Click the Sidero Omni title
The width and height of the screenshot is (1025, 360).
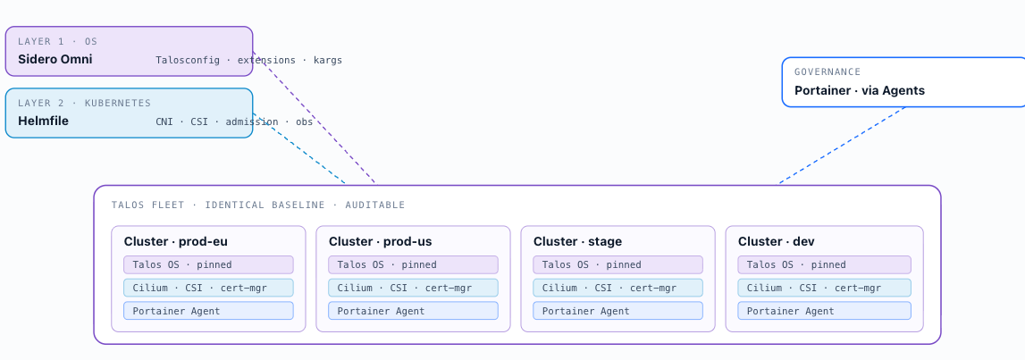click(55, 60)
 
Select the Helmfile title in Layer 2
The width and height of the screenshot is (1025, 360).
click(43, 121)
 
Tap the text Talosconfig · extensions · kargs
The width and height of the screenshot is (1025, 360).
click(248, 60)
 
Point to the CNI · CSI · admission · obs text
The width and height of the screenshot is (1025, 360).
click(234, 121)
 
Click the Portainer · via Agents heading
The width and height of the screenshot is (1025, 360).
click(860, 91)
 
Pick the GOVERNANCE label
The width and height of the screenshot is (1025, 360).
click(828, 71)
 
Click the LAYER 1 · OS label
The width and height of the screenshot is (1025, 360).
click(57, 42)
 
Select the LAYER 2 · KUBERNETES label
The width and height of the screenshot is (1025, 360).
click(84, 104)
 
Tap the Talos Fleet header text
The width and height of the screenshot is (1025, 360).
click(258, 205)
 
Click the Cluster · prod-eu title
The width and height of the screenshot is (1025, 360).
click(176, 242)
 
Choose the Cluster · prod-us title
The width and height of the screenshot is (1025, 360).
click(381, 242)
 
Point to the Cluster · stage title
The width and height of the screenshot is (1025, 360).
click(578, 242)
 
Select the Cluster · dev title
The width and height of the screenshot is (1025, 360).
click(776, 242)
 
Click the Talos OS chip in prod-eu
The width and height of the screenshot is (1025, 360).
click(208, 264)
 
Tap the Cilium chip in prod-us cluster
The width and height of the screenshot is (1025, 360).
click(413, 288)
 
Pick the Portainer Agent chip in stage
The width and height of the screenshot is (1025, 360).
click(618, 310)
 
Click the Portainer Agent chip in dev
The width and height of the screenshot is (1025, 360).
click(824, 310)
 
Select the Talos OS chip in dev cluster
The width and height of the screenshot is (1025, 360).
click(824, 264)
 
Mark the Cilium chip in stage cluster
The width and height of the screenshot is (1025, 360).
click(618, 288)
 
